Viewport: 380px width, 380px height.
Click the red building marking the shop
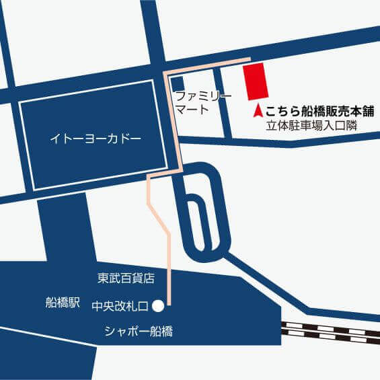pos(256,81)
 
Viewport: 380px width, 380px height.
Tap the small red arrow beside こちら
pos(258,110)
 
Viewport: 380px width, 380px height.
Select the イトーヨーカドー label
pos(96,139)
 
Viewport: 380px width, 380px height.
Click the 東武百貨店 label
pos(126,276)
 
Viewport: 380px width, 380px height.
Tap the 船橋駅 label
pos(63,303)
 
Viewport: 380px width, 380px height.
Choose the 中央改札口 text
pos(120,305)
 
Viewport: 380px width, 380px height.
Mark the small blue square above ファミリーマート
pos(179,84)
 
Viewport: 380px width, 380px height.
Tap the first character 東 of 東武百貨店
pos(102,276)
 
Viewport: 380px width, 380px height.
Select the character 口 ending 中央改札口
pos(145,305)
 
